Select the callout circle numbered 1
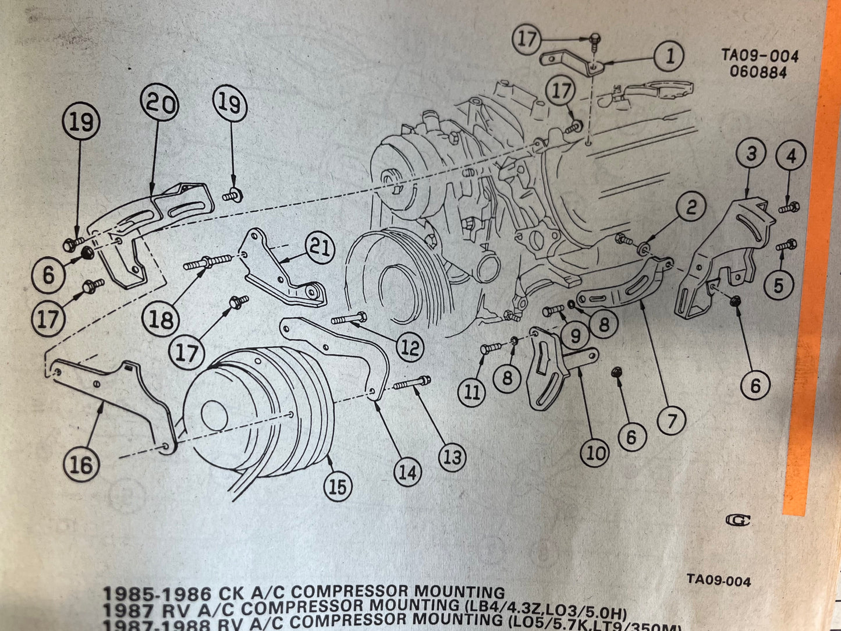click(x=669, y=57)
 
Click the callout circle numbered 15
click(x=338, y=487)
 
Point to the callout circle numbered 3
click(x=751, y=155)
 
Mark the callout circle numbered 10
click(x=595, y=453)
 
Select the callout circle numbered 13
click(x=452, y=457)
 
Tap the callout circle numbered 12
click(x=410, y=348)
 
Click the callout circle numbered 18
click(x=161, y=319)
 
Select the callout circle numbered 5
click(x=778, y=285)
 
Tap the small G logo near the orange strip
click(x=741, y=520)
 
